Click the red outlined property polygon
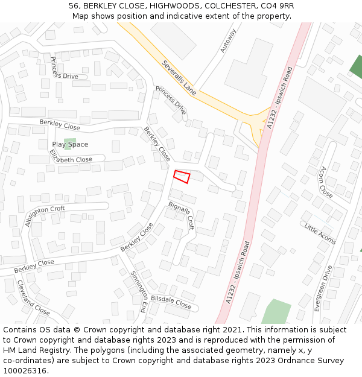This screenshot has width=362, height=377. (182, 177)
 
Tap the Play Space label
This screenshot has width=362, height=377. (70, 145)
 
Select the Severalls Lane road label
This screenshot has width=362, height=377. (179, 78)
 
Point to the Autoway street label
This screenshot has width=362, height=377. (228, 40)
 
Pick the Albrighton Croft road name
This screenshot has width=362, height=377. (45, 217)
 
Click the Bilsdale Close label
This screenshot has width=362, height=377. (171, 302)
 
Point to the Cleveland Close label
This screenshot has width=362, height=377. (33, 297)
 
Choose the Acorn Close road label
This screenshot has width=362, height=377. (326, 182)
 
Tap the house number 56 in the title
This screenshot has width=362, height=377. (74, 5)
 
